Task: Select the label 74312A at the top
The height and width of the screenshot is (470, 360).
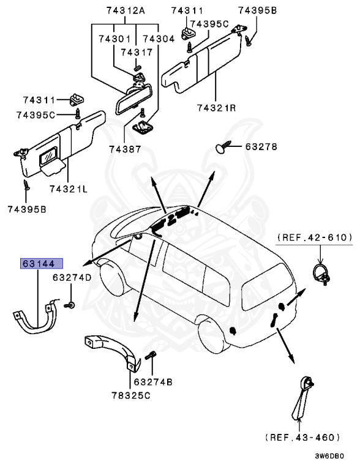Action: click(x=121, y=11)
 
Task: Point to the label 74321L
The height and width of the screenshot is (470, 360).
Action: click(x=68, y=188)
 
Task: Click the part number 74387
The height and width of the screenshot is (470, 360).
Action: click(x=125, y=149)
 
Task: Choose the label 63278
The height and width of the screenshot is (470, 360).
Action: click(x=261, y=147)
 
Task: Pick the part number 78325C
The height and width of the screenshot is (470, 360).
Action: click(x=131, y=395)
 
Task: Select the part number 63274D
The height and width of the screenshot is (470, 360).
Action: click(x=72, y=277)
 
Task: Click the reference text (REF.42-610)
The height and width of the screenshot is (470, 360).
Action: click(x=315, y=237)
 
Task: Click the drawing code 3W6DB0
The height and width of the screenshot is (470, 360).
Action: click(x=329, y=456)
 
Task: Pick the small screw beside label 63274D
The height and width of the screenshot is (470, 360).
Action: click(x=72, y=304)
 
